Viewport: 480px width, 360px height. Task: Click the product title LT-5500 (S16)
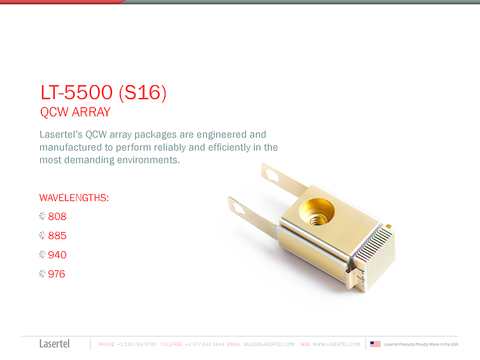pos(103,93)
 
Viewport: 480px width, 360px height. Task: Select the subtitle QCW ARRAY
pos(75,113)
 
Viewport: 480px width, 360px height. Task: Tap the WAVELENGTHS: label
pos(74,198)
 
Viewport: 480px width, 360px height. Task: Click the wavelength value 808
pos(57,216)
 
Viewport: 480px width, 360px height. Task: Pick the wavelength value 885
pos(57,236)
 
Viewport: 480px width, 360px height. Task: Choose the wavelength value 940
pos(57,255)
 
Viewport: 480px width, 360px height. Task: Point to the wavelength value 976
pos(57,274)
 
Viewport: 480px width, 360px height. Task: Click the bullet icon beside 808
pos(43,216)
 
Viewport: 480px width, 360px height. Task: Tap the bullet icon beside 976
pos(43,274)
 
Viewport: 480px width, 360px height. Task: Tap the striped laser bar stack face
pos(376,258)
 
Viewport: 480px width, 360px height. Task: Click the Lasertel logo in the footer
pos(54,344)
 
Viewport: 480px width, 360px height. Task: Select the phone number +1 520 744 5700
pos(137,344)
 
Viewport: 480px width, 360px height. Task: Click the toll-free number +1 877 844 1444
pos(204,344)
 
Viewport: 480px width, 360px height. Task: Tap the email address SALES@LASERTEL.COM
pos(269,344)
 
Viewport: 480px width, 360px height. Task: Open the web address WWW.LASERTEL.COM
pos(336,344)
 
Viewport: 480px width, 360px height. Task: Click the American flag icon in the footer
pos(376,344)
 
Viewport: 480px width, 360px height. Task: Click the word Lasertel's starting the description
pos(60,135)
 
